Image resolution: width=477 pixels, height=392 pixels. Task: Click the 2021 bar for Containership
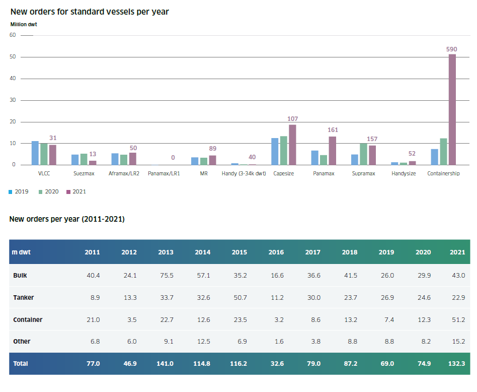click(452, 109)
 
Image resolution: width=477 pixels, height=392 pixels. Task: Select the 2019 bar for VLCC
click(35, 153)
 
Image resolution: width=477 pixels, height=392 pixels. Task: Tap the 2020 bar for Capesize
click(284, 150)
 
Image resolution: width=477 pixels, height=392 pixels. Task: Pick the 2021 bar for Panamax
click(333, 151)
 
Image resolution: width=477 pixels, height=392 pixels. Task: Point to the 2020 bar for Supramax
click(363, 154)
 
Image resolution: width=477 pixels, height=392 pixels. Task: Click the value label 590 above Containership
click(452, 49)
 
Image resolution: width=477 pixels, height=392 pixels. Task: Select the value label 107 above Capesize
click(292, 119)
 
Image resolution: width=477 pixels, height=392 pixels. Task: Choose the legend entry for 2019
click(19, 191)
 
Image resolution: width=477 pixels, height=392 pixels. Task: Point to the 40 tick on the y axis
click(13, 79)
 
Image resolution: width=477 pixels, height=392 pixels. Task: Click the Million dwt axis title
click(24, 24)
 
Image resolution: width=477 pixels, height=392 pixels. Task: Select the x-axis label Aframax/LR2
click(123, 173)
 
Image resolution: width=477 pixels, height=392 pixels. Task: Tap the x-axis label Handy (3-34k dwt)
click(243, 173)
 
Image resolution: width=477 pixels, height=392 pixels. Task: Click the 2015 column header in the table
click(239, 252)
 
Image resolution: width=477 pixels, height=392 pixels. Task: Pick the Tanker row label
click(24, 298)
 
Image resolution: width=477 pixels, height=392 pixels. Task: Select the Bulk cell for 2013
click(166, 276)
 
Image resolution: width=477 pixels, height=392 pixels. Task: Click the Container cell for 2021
click(457, 319)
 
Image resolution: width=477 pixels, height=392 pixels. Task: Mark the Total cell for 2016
click(276, 363)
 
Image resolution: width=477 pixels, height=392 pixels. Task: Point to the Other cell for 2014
click(202, 341)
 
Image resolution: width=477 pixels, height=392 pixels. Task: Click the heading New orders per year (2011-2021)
click(67, 219)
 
